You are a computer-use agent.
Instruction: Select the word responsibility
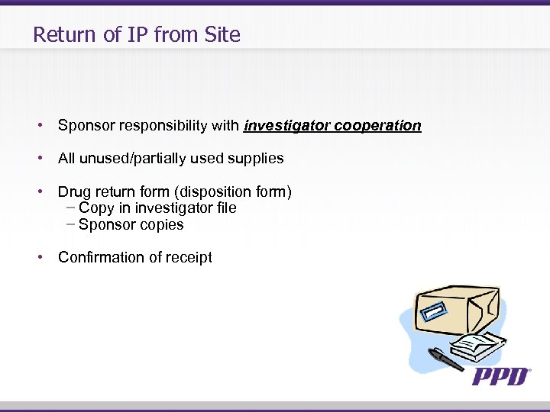157,126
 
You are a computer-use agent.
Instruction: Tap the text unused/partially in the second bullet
130,159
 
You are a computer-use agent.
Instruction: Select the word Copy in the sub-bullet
96,208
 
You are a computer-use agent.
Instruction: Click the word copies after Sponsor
163,225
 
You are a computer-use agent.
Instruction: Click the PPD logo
500,375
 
